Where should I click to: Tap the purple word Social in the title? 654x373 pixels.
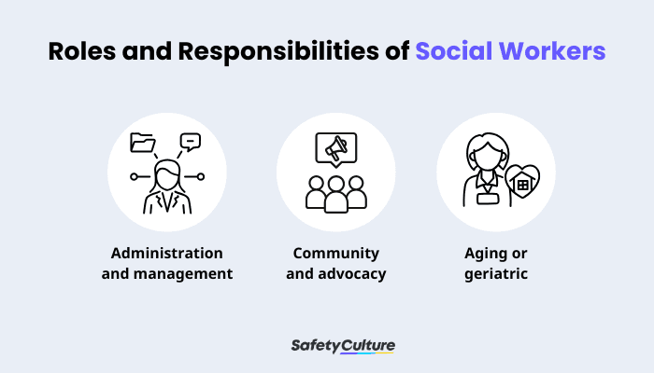[458, 51]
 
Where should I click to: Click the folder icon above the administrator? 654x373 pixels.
[143, 143]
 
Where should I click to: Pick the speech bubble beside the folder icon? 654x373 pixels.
[191, 143]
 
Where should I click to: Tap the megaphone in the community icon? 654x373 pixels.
[335, 146]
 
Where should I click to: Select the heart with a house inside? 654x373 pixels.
[521, 184]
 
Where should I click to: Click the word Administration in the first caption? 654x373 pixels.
[167, 254]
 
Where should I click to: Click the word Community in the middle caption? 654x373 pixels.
[335, 254]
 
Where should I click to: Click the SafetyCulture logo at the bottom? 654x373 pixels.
[343, 346]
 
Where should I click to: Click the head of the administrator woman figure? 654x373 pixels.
[167, 173]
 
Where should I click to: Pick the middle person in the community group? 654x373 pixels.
[335, 187]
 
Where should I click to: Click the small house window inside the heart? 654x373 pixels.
[522, 186]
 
